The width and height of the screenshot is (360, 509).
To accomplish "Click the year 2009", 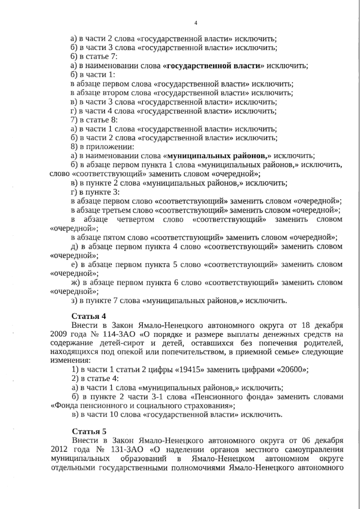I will pyautogui.click(x=60, y=335).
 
